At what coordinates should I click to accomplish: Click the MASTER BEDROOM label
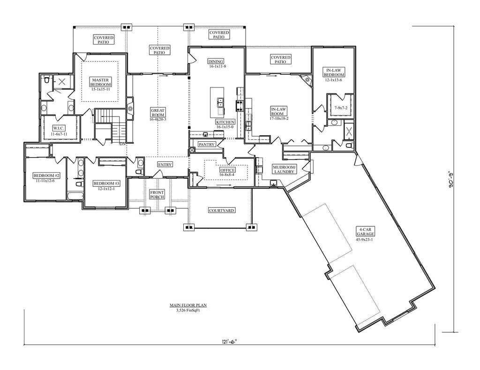(x=100, y=82)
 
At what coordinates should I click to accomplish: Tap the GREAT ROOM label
(x=157, y=112)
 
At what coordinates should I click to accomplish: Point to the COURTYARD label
(x=222, y=210)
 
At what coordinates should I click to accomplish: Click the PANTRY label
(x=207, y=144)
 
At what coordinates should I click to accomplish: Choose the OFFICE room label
(x=227, y=170)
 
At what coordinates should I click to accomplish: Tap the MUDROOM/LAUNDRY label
(x=284, y=169)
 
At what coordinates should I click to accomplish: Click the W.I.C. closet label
(x=59, y=128)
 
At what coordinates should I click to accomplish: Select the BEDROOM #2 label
(x=46, y=176)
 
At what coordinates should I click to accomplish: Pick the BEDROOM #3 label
(x=106, y=183)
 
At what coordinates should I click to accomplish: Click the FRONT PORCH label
(x=157, y=195)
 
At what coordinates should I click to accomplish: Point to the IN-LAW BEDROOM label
(x=334, y=73)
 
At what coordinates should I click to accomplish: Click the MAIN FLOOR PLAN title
(x=188, y=305)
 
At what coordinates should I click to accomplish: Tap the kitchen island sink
(x=220, y=102)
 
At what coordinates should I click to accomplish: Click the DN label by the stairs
(x=122, y=144)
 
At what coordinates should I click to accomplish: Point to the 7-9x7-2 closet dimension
(x=341, y=108)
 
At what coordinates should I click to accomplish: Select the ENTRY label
(x=165, y=165)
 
